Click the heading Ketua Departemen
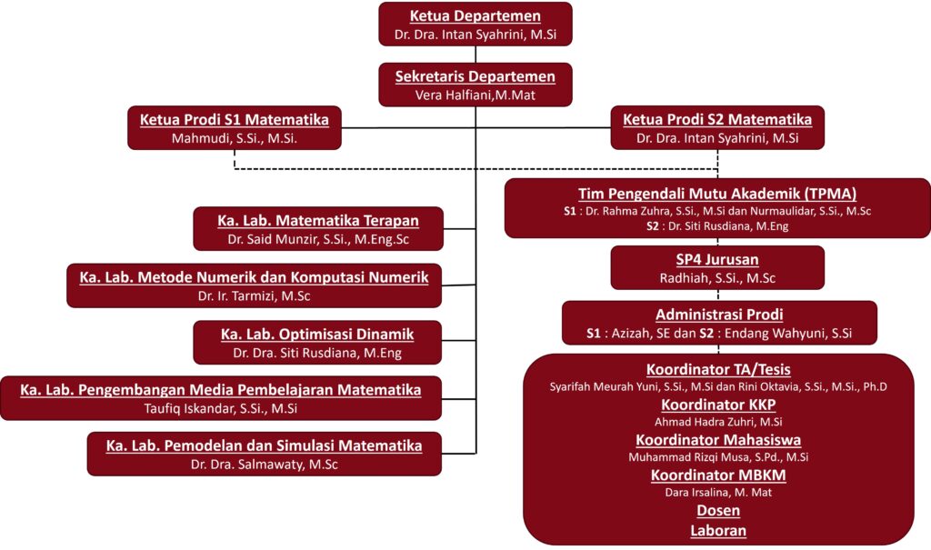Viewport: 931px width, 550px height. [x=476, y=16]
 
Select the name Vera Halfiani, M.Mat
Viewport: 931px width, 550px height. [x=476, y=95]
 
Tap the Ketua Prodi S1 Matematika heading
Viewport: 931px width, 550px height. [x=234, y=119]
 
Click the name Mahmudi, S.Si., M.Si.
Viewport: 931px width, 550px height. [x=234, y=139]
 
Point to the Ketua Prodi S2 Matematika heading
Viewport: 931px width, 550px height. [x=716, y=119]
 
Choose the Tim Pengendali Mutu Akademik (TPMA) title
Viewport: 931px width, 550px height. [x=717, y=193]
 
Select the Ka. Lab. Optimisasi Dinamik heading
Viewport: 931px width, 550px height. [x=316, y=334]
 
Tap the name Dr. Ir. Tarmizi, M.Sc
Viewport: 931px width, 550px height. [x=254, y=296]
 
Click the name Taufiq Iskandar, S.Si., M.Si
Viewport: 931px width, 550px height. [x=221, y=408]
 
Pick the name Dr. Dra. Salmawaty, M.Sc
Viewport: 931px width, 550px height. [x=264, y=465]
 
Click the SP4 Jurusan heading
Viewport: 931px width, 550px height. [x=717, y=259]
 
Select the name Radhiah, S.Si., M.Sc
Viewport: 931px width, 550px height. [x=717, y=278]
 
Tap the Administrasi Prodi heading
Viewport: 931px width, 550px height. [x=718, y=315]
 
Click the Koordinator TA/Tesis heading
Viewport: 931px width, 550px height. [x=717, y=369]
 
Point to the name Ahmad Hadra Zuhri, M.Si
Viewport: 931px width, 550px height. [x=718, y=422]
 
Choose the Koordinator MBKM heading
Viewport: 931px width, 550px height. [x=718, y=475]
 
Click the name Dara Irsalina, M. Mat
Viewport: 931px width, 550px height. [x=718, y=493]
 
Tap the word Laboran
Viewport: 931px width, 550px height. [x=718, y=530]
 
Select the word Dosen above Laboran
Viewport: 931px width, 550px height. [x=718, y=511]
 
